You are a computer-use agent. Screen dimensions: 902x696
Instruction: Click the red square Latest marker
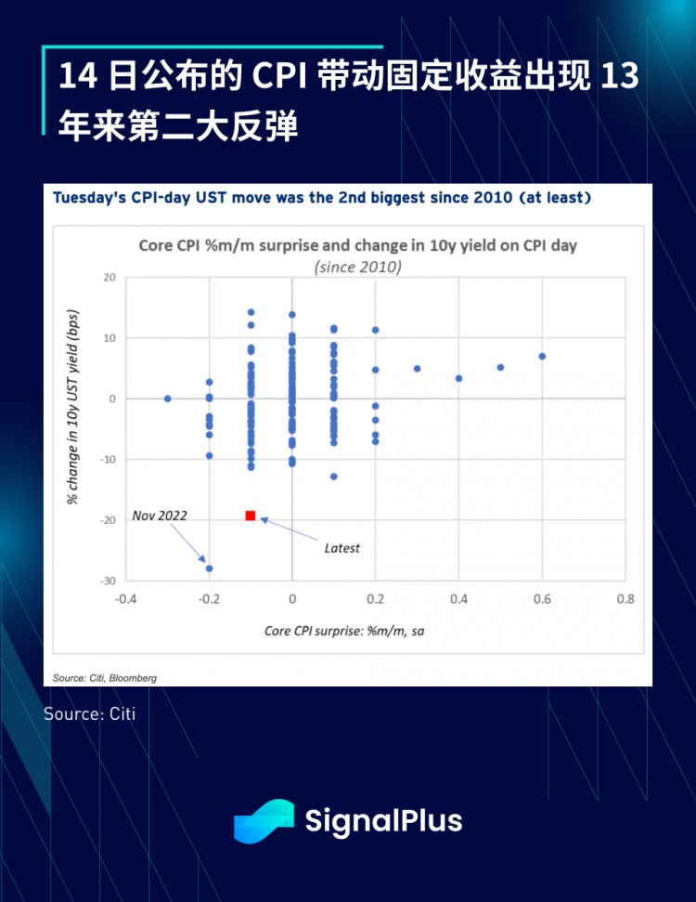tap(251, 516)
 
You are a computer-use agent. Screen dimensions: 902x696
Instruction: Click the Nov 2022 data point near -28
tap(210, 569)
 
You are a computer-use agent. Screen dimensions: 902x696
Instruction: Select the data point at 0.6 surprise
tap(542, 356)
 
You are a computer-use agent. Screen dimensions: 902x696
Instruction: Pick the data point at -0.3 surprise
tap(168, 399)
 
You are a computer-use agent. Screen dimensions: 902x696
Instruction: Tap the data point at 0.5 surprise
tap(500, 367)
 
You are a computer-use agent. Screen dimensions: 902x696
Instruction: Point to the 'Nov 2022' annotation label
tap(160, 516)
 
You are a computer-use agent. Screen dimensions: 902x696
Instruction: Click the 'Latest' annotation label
tap(342, 548)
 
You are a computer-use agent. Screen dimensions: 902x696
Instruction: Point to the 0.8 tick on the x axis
tap(625, 600)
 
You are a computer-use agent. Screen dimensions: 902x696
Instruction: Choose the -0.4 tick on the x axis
tap(126, 600)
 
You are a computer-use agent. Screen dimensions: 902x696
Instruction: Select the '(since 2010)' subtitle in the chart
tap(357, 266)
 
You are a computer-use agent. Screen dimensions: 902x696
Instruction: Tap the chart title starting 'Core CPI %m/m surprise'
tap(358, 245)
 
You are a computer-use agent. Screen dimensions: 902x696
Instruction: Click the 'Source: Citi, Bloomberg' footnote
tap(105, 678)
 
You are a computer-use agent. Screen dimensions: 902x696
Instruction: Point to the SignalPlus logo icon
tap(264, 821)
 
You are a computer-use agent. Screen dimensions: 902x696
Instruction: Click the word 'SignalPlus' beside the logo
tap(383, 821)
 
